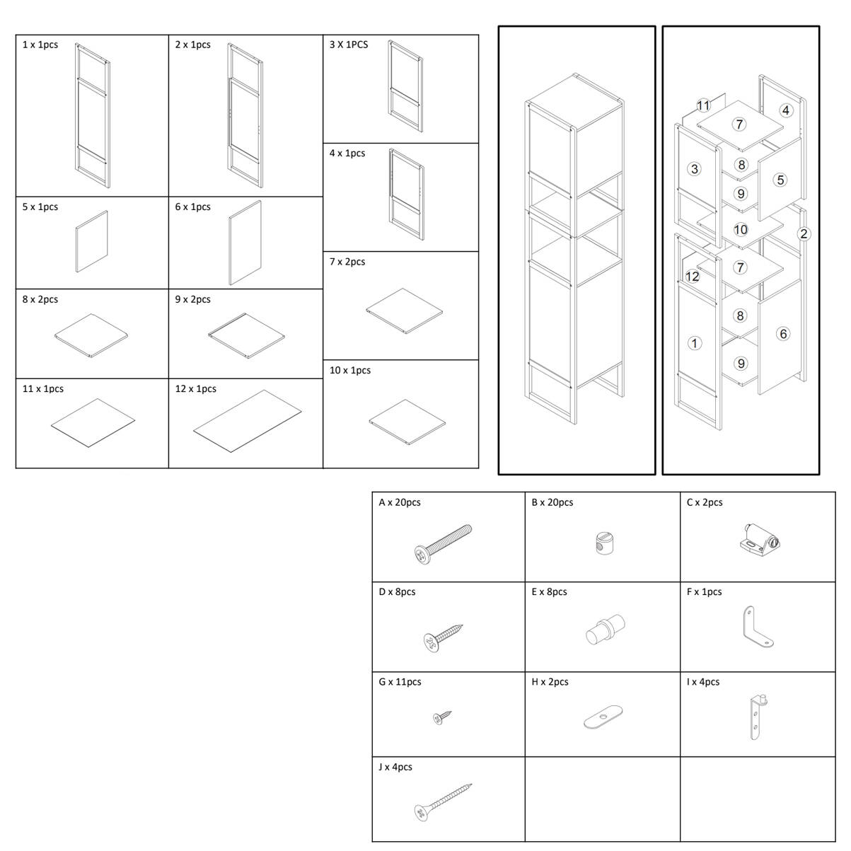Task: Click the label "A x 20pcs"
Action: [399, 502]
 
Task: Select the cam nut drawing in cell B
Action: [603, 543]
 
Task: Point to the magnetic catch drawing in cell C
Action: [760, 538]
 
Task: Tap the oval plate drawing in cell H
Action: [603, 717]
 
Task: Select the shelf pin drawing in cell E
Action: [605, 628]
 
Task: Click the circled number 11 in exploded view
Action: [702, 105]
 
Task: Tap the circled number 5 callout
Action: [780, 180]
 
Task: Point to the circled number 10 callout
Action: [741, 229]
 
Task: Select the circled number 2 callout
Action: [804, 233]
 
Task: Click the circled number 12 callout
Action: [692, 277]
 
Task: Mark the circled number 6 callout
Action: [783, 333]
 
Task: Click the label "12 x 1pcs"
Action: [195, 388]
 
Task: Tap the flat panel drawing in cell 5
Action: [91, 241]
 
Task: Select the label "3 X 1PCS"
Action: [349, 45]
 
